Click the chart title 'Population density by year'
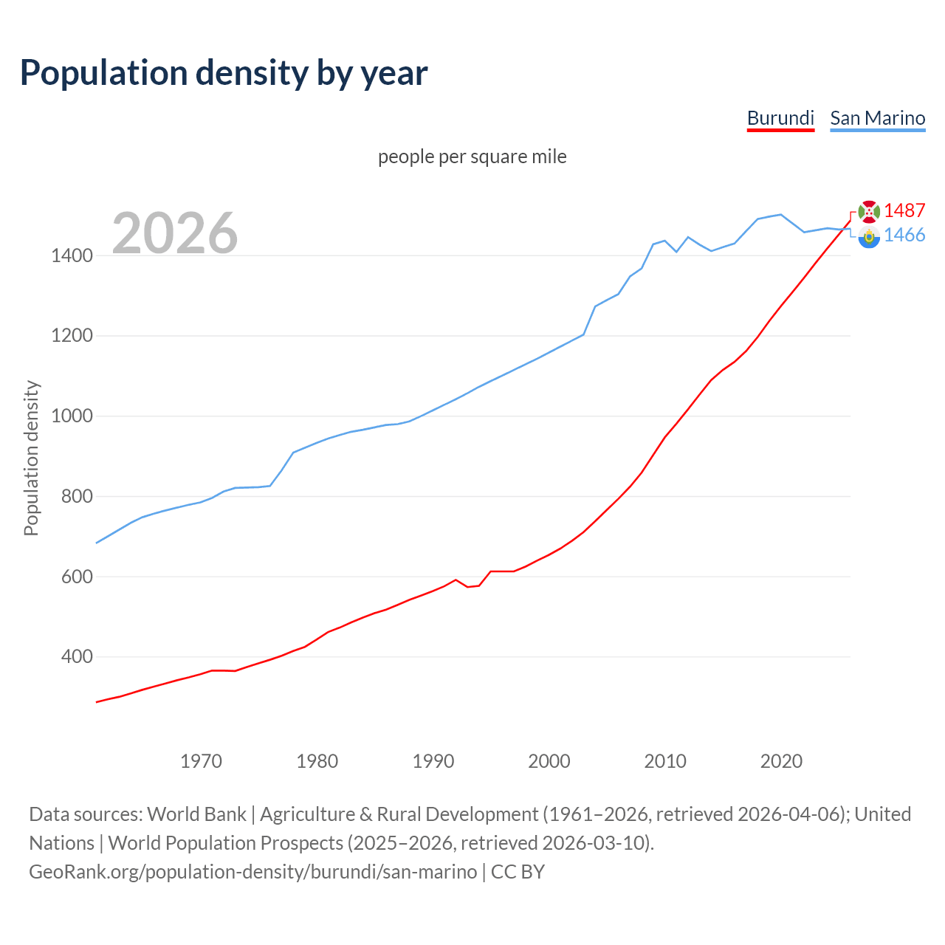pyautogui.click(x=224, y=72)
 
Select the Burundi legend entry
pyautogui.click(x=780, y=118)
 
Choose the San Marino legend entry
pyautogui.click(x=877, y=118)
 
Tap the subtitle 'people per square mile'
pyautogui.click(x=472, y=157)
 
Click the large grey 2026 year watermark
pyautogui.click(x=175, y=233)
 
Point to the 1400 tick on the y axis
pyautogui.click(x=72, y=256)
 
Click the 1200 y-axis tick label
pyautogui.click(x=72, y=336)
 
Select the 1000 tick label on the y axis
pyautogui.click(x=72, y=416)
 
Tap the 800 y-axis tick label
pyautogui.click(x=77, y=497)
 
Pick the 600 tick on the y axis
pyautogui.click(x=77, y=577)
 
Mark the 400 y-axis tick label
pyautogui.click(x=77, y=657)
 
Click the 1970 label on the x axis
pyautogui.click(x=201, y=761)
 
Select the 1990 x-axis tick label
pyautogui.click(x=433, y=761)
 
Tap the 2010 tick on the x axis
pyautogui.click(x=665, y=761)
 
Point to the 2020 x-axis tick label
pyautogui.click(x=781, y=761)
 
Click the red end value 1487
pyautogui.click(x=904, y=210)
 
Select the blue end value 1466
pyautogui.click(x=904, y=235)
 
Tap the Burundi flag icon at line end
pyautogui.click(x=869, y=211)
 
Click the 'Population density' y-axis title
pyautogui.click(x=31, y=458)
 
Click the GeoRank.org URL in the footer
pyautogui.click(x=253, y=872)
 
